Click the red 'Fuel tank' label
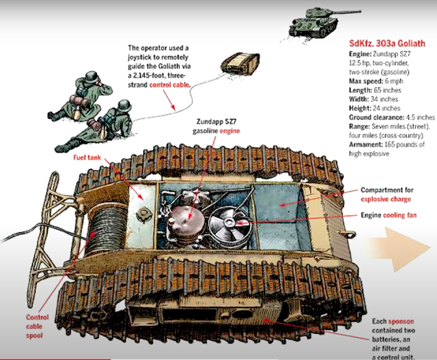pos(88,158)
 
